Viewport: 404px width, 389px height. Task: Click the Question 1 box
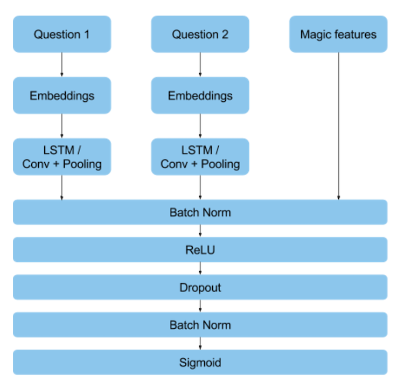pyautogui.click(x=62, y=34)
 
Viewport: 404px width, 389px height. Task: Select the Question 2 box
pyautogui.click(x=200, y=34)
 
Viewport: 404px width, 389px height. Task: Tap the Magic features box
pyautogui.click(x=338, y=34)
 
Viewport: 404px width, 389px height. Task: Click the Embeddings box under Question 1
pyautogui.click(x=62, y=95)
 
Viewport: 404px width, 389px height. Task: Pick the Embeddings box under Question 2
pyautogui.click(x=200, y=95)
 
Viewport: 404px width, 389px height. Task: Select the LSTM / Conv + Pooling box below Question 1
pyautogui.click(x=62, y=157)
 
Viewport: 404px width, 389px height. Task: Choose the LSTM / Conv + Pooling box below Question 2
pyautogui.click(x=200, y=157)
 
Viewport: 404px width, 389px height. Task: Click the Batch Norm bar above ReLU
pyautogui.click(x=200, y=212)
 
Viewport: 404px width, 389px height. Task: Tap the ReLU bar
pyautogui.click(x=200, y=250)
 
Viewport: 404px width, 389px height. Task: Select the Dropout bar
pyautogui.click(x=200, y=287)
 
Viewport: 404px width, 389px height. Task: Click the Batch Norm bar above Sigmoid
pyautogui.click(x=200, y=325)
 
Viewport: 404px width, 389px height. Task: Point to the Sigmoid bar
pyautogui.click(x=200, y=362)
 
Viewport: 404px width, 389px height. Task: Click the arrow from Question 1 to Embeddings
pyautogui.click(x=62, y=65)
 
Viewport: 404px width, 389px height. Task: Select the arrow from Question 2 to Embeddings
pyautogui.click(x=200, y=65)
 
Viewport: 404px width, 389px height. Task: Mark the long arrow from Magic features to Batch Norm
pyautogui.click(x=339, y=126)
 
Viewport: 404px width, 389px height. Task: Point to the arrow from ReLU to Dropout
pyautogui.click(x=200, y=268)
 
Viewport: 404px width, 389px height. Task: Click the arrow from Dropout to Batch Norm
pyautogui.click(x=200, y=306)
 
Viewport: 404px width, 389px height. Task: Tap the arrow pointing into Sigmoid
pyautogui.click(x=200, y=343)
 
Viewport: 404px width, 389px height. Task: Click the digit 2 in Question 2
pyautogui.click(x=225, y=34)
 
